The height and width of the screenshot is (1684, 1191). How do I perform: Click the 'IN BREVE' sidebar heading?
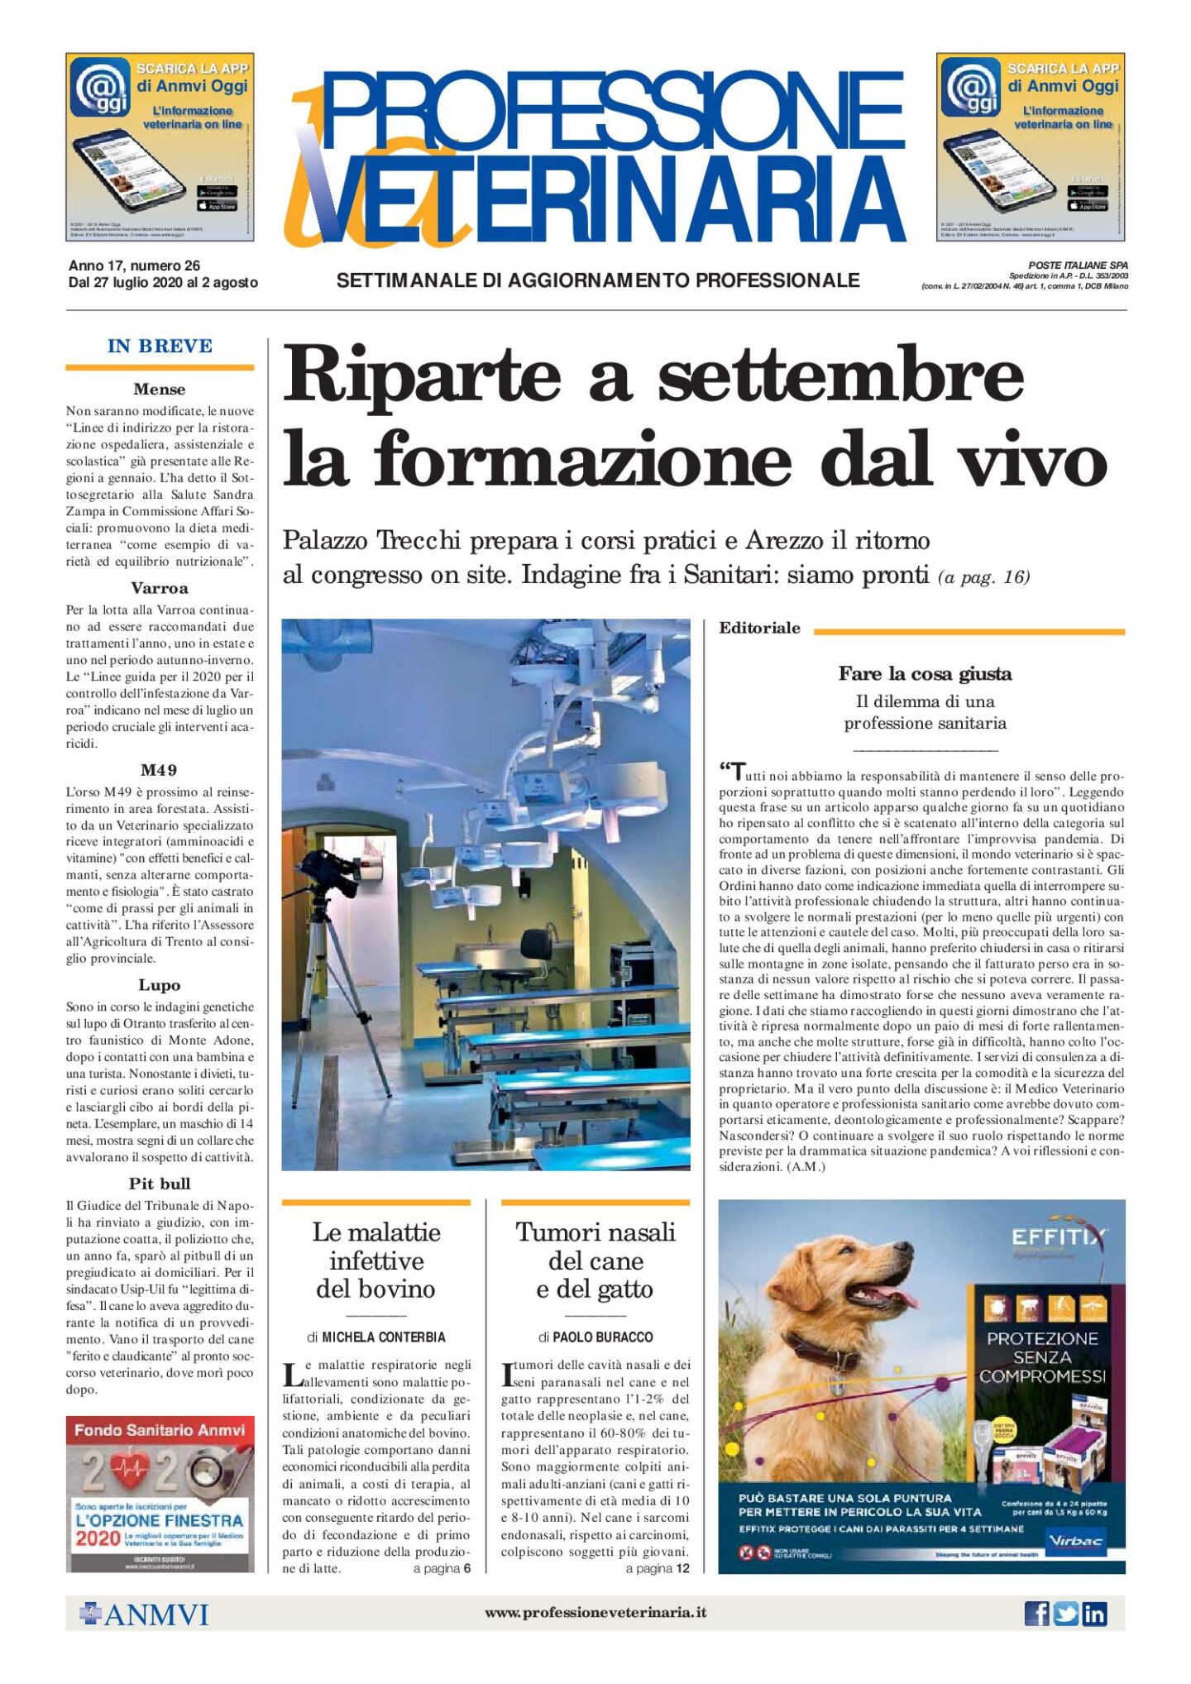(x=160, y=346)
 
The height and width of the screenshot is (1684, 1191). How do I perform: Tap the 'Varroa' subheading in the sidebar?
(x=160, y=588)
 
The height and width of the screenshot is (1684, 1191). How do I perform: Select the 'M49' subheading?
(x=159, y=770)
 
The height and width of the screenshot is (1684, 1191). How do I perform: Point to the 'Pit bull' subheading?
(x=160, y=1184)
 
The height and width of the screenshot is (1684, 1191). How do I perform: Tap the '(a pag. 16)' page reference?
(x=983, y=576)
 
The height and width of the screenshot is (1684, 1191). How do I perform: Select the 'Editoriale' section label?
(x=759, y=628)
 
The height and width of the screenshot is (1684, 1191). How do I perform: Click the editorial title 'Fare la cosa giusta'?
(x=925, y=674)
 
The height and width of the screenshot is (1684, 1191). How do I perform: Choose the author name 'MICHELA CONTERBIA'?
(x=383, y=1337)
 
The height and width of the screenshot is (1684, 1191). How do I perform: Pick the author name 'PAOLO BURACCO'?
(x=602, y=1337)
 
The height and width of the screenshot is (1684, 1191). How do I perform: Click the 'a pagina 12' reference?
(x=657, y=1569)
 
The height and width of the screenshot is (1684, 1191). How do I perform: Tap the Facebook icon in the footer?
(x=1036, y=1613)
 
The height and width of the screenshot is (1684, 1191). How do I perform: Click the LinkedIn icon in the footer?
(x=1094, y=1613)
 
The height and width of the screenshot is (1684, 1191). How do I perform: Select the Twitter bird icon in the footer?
(x=1065, y=1613)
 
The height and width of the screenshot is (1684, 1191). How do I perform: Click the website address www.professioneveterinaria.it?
(x=595, y=1612)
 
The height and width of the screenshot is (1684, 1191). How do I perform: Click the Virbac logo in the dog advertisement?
(x=1074, y=1540)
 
